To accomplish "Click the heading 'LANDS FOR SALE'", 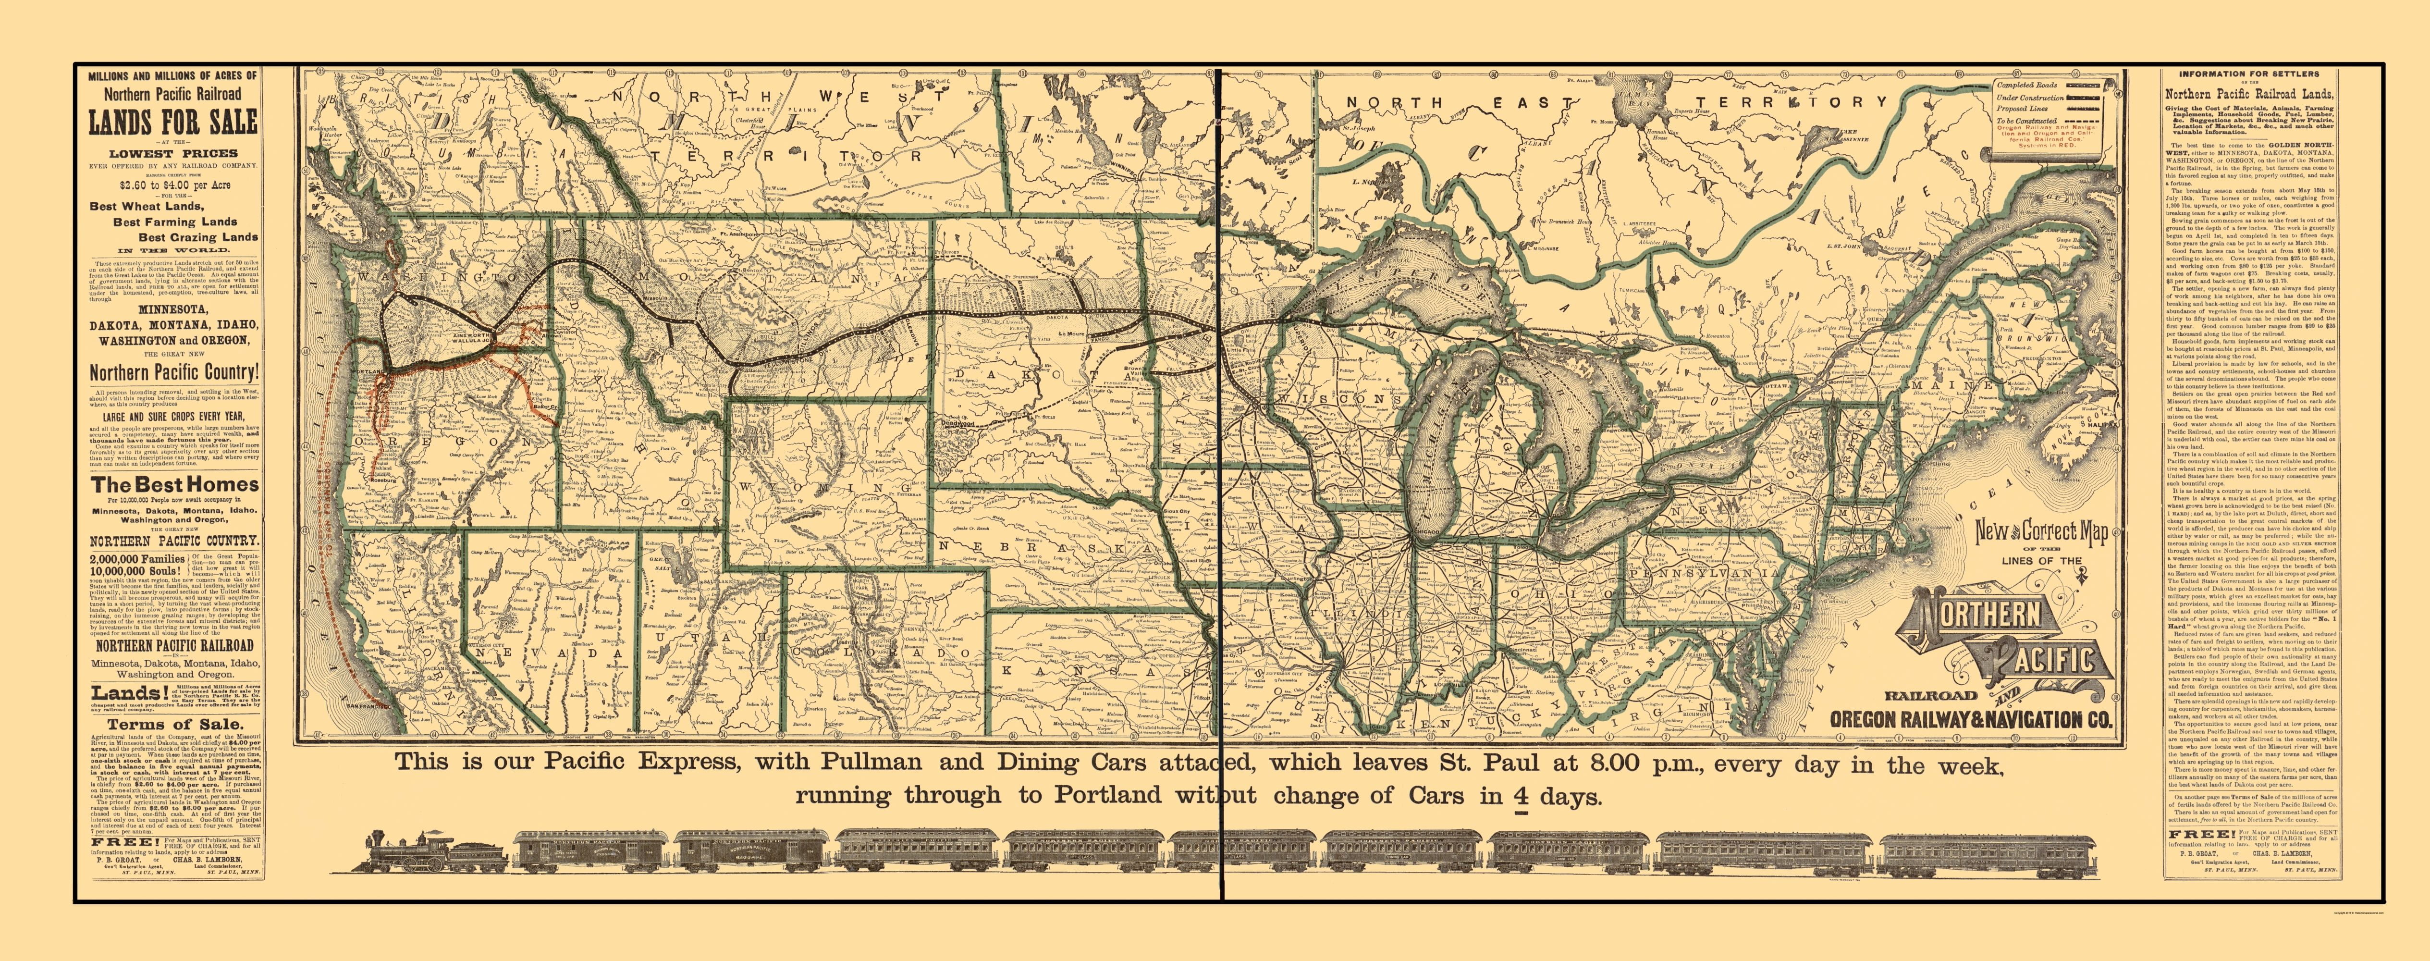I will [172, 123].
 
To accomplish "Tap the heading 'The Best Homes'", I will [174, 485].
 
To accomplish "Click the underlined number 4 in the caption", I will [1521, 795].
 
